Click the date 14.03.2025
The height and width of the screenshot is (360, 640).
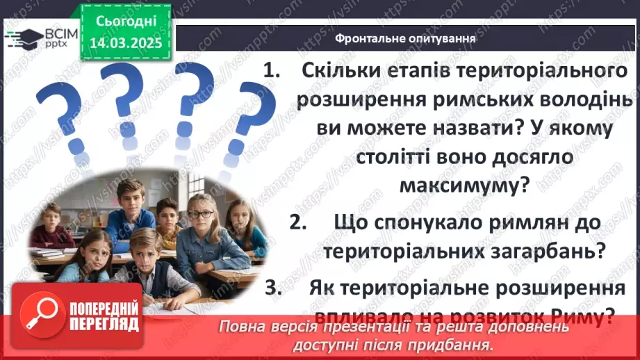[126, 43]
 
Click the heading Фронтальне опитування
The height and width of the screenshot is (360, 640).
[405, 39]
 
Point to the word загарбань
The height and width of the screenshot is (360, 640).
[555, 251]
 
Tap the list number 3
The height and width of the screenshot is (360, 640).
[290, 288]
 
